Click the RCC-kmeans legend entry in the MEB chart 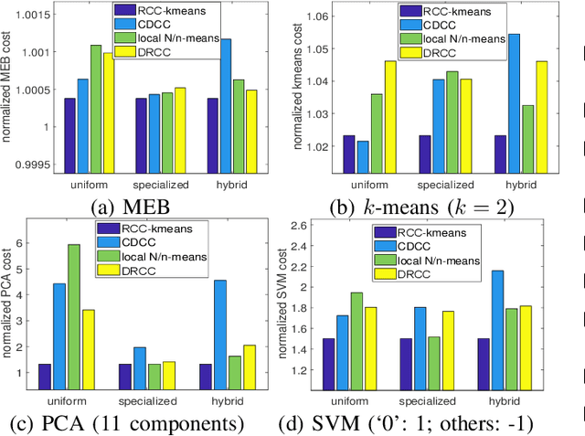click(165, 12)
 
